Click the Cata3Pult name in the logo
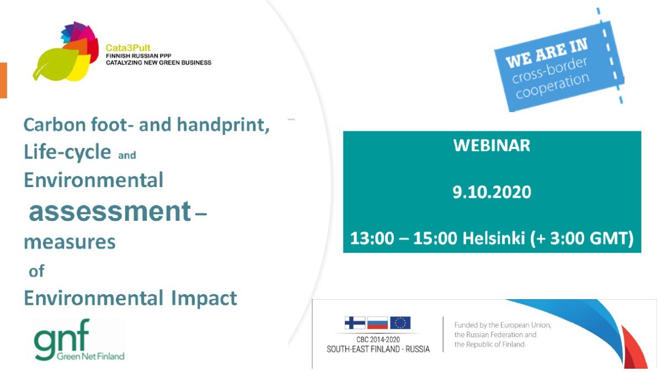click(x=128, y=47)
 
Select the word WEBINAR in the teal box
click(x=492, y=146)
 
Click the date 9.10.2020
click(x=492, y=192)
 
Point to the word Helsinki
click(x=494, y=238)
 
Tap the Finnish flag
click(x=355, y=323)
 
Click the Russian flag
click(x=377, y=323)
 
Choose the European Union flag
click(x=400, y=323)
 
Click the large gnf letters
click(x=61, y=337)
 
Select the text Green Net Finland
click(x=90, y=356)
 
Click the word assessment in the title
click(x=110, y=211)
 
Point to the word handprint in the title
click(x=223, y=125)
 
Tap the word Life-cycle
click(x=67, y=152)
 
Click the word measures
click(x=70, y=242)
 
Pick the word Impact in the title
click(x=204, y=299)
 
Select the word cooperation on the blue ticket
click(x=553, y=86)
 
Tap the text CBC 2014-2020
click(x=378, y=340)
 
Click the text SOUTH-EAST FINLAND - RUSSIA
click(x=378, y=349)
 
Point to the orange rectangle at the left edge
click(x=3, y=81)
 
